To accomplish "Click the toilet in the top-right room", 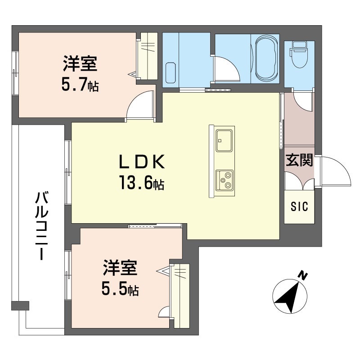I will [298, 54].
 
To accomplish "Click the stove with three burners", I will [224, 180].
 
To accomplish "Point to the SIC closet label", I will [299, 207].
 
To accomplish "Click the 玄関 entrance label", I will [299, 161].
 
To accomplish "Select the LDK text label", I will [142, 161].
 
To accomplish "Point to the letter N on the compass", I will [303, 275].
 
